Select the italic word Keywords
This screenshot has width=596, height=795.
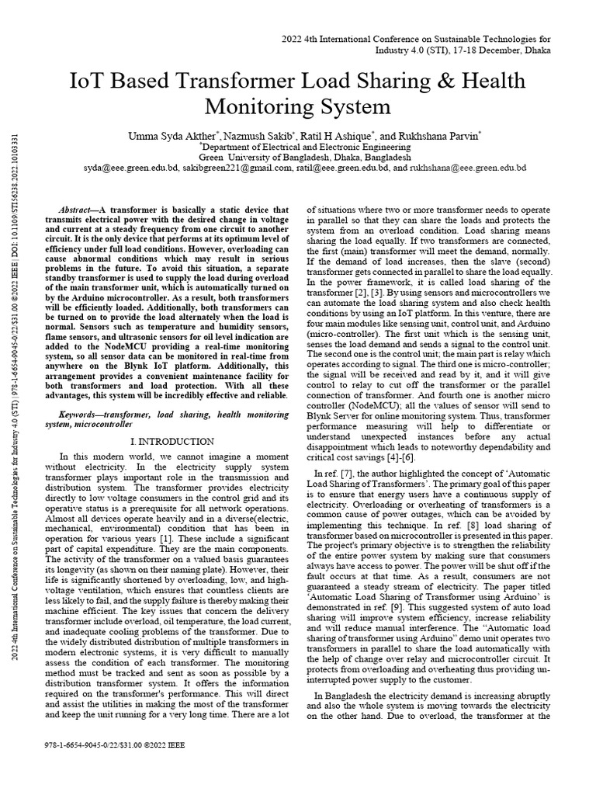tap(79, 415)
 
